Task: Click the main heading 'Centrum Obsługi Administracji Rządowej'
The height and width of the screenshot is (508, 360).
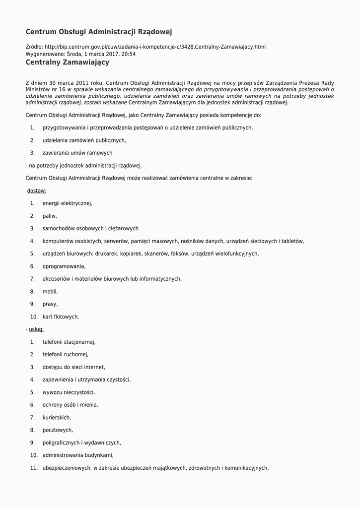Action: [x=99, y=32]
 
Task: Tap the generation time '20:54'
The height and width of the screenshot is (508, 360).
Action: [x=129, y=54]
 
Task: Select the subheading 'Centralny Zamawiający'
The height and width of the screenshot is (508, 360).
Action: [x=68, y=63]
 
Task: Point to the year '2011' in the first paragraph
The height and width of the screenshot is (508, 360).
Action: [x=80, y=83]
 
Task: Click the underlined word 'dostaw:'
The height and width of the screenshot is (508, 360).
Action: [x=37, y=190]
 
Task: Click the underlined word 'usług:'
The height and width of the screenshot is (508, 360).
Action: [x=36, y=329]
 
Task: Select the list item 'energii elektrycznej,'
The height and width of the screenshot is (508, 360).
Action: [x=68, y=203]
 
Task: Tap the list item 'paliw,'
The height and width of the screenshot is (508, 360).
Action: [x=50, y=216]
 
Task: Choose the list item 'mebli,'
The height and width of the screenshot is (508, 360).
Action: [x=50, y=292]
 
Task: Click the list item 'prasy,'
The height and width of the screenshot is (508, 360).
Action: [x=50, y=304]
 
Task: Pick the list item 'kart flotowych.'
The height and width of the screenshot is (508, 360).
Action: [x=61, y=317]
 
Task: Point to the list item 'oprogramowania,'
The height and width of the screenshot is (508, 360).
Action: [x=64, y=266]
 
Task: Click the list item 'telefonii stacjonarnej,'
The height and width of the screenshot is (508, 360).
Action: [x=69, y=342]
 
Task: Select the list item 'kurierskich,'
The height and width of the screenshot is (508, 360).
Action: [x=57, y=418]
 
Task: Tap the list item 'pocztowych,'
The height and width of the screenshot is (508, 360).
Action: [x=58, y=430]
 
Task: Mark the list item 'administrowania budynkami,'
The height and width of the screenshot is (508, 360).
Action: [x=78, y=455]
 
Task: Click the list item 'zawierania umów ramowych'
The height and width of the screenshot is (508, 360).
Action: [x=77, y=153]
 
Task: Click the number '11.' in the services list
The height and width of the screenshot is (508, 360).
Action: [x=34, y=468]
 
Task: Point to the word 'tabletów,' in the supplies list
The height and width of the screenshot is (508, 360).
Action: [x=292, y=241]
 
